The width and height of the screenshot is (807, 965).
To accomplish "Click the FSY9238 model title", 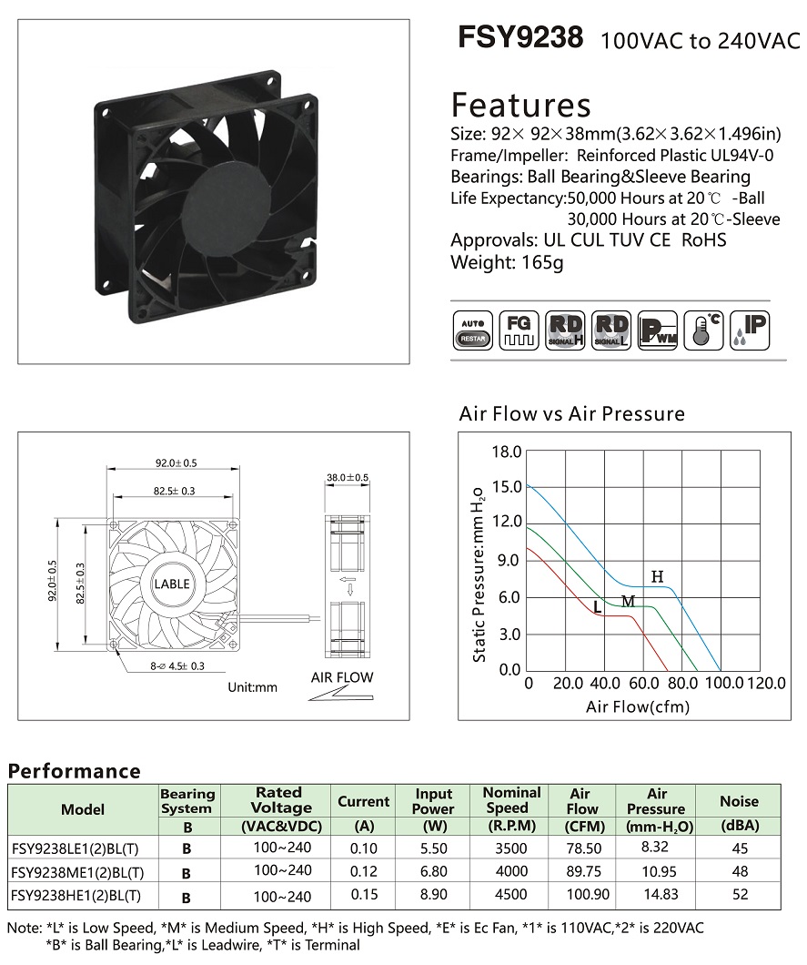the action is point(520,37).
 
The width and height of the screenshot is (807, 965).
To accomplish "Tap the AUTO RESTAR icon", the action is point(472,331).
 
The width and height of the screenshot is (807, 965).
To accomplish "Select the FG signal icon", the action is point(519,331).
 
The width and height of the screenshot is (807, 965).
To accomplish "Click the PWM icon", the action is point(658,331).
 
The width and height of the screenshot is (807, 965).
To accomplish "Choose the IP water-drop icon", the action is point(750,331).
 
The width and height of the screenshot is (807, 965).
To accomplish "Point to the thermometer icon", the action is point(703,331).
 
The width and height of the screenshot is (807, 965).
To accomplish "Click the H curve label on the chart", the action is point(658,576).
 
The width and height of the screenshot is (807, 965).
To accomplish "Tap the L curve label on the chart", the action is point(597,607).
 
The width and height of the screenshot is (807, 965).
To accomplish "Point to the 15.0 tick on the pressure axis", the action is point(506,487).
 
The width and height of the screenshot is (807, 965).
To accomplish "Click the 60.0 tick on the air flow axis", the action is point(644,683).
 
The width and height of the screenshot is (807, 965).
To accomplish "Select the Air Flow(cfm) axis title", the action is point(638,706).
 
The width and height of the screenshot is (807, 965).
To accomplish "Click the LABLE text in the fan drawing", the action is point(172,584).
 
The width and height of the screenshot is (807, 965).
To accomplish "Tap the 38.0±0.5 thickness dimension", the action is point(347,478).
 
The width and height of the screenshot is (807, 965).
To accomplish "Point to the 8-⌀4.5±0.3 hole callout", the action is point(177,665).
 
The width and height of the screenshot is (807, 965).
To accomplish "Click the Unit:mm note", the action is point(252,687).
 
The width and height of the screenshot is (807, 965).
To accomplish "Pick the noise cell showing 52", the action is point(740,896).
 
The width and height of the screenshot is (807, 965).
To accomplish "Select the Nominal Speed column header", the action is point(511,801).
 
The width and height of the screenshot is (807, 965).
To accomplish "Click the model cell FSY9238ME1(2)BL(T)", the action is point(77,873).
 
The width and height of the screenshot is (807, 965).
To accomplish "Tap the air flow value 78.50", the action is point(584,848).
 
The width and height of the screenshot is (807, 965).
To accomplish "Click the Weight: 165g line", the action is point(507,262).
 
